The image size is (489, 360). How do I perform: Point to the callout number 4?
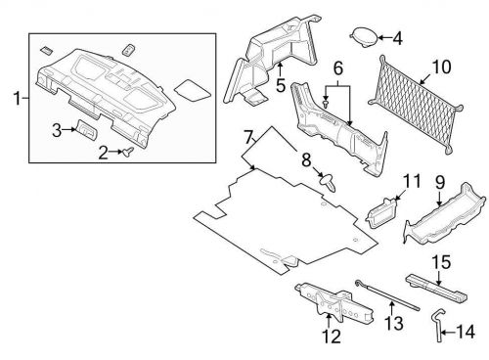point(396,39)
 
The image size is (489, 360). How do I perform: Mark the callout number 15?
point(442,261)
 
